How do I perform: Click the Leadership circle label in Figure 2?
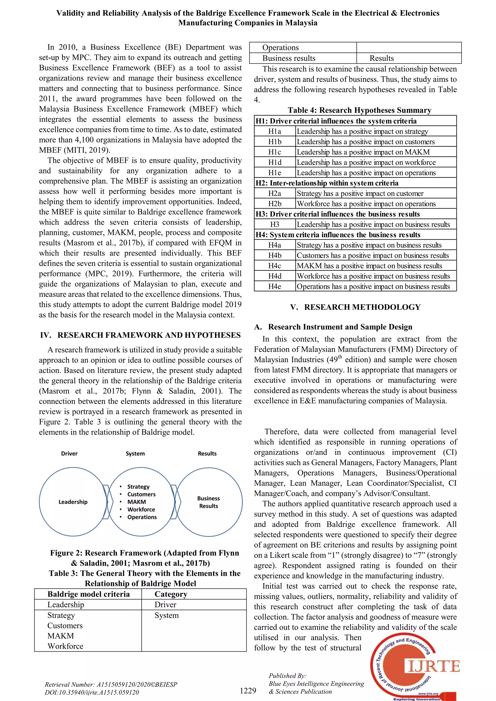point(73,502)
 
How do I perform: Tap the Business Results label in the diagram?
point(208,502)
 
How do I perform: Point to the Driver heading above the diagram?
point(69,453)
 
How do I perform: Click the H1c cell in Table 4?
point(275,152)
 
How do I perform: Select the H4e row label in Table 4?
point(275,286)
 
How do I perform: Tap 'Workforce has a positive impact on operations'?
point(366,204)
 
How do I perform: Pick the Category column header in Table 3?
point(171,594)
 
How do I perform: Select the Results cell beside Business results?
point(381,58)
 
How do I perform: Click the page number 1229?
point(248,691)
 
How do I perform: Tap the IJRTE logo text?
point(433,666)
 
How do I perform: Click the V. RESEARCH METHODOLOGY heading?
point(355,307)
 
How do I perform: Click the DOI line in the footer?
point(92,693)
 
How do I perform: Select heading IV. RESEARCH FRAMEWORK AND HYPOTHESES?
point(140,335)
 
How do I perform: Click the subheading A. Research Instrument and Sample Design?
point(333,327)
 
